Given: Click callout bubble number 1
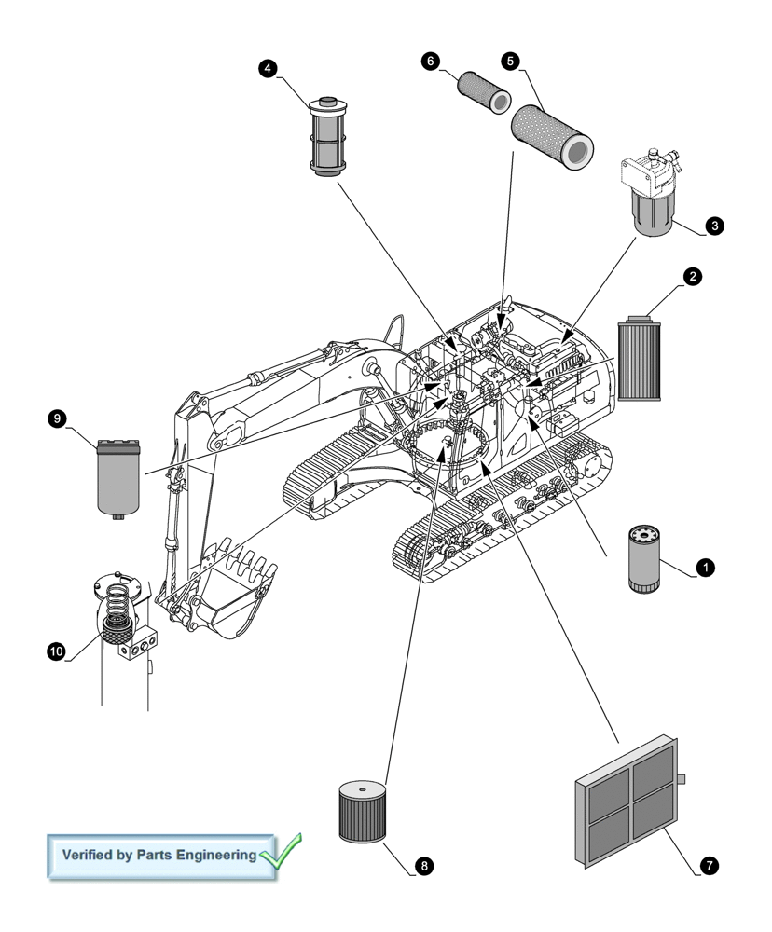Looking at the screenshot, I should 706,566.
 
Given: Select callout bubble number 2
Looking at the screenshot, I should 692,276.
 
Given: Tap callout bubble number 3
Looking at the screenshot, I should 713,226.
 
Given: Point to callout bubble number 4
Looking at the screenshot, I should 268,68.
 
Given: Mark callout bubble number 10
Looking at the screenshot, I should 56,651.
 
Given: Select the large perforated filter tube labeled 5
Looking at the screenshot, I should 552,135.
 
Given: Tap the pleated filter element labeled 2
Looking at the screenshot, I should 639,359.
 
